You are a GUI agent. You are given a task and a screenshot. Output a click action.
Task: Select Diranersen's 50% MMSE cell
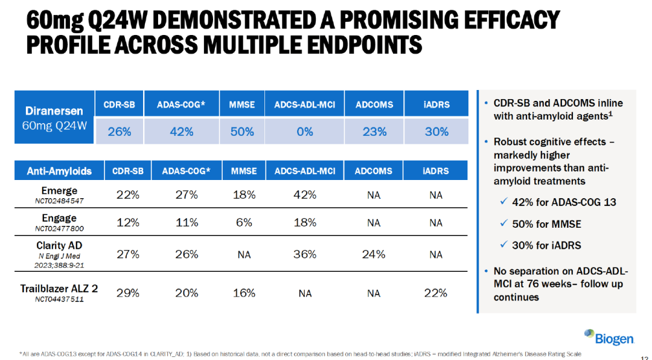click(x=242, y=132)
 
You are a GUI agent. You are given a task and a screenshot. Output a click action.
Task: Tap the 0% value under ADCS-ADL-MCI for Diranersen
click(x=304, y=132)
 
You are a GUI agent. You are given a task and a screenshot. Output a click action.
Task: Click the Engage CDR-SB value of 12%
click(x=127, y=223)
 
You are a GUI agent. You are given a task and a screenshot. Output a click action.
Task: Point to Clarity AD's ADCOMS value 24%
click(x=374, y=254)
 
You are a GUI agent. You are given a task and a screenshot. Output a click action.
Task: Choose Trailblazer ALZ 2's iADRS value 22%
click(x=435, y=293)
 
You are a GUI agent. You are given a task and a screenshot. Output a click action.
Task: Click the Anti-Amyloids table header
click(x=59, y=170)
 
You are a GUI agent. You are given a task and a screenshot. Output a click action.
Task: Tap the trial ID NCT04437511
click(x=59, y=299)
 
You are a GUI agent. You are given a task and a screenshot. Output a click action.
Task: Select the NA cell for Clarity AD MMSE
click(x=244, y=254)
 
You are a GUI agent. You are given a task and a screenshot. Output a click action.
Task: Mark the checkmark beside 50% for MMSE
click(x=503, y=223)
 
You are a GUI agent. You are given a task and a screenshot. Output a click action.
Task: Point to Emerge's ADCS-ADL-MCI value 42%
click(x=305, y=194)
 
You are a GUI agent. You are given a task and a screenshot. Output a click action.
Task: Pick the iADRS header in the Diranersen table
click(x=436, y=104)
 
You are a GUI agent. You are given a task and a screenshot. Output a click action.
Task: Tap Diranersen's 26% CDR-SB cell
click(x=120, y=132)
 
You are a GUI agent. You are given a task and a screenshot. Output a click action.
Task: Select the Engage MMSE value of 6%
click(x=244, y=223)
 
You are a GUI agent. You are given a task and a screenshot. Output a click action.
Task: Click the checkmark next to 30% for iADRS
click(x=503, y=244)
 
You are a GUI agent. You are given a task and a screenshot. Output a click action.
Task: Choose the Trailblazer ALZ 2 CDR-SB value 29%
click(x=127, y=293)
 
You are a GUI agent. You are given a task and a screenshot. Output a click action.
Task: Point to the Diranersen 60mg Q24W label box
click(x=54, y=117)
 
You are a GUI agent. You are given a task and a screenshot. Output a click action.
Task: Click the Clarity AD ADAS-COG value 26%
click(x=187, y=254)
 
